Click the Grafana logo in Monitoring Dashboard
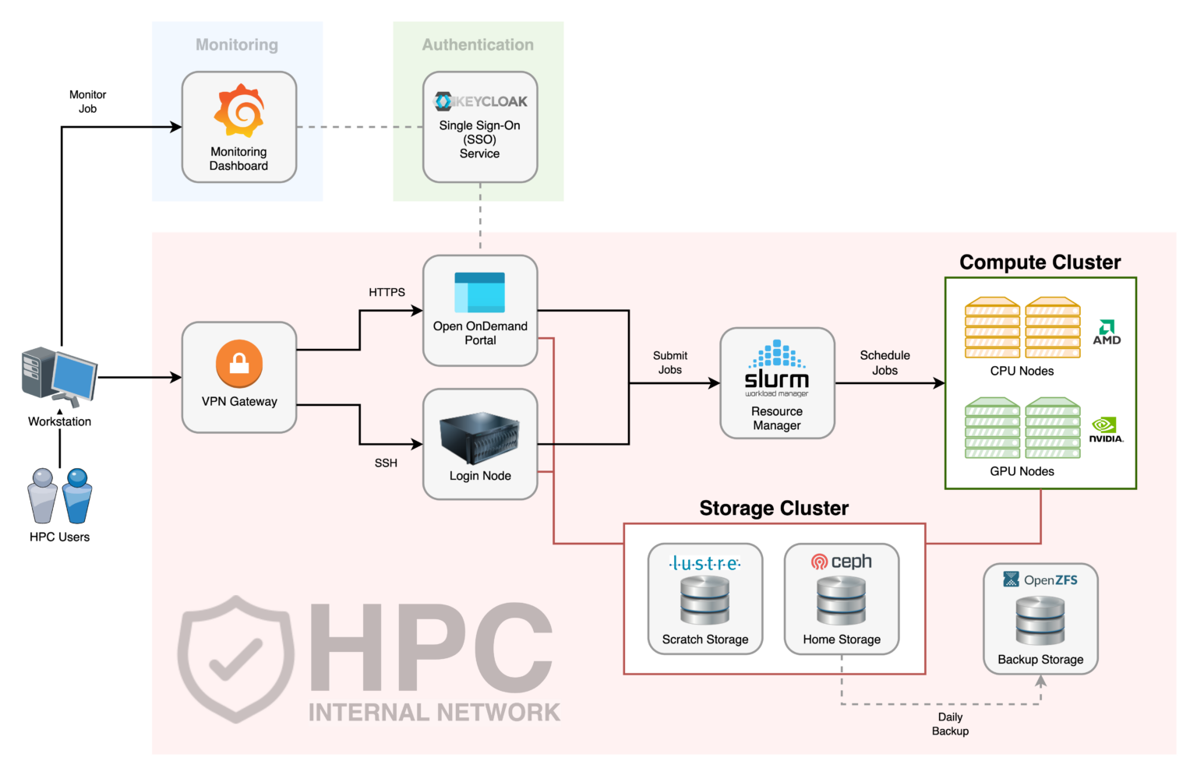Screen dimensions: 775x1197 point(239,111)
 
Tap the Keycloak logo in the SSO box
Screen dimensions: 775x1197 point(480,101)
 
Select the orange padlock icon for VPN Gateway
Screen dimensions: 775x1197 point(239,364)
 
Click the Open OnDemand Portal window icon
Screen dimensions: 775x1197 point(480,293)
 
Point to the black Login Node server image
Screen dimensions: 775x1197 point(480,439)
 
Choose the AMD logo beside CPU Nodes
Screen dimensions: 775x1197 point(1107,333)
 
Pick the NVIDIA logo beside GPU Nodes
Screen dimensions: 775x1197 point(1106,429)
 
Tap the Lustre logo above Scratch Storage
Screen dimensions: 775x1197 point(705,563)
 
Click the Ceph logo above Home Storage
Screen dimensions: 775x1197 point(842,562)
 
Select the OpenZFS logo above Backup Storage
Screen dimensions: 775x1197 point(1040,580)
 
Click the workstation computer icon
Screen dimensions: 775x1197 point(59,377)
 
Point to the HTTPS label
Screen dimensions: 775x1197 point(387,292)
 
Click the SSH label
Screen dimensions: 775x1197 point(386,463)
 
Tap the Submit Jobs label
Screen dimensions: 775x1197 point(670,363)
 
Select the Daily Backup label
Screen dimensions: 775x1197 point(950,724)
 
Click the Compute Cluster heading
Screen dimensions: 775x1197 point(1040,262)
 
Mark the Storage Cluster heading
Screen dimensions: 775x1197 point(774,509)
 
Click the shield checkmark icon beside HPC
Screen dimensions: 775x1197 point(235,658)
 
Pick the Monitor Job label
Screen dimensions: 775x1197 point(87,101)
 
